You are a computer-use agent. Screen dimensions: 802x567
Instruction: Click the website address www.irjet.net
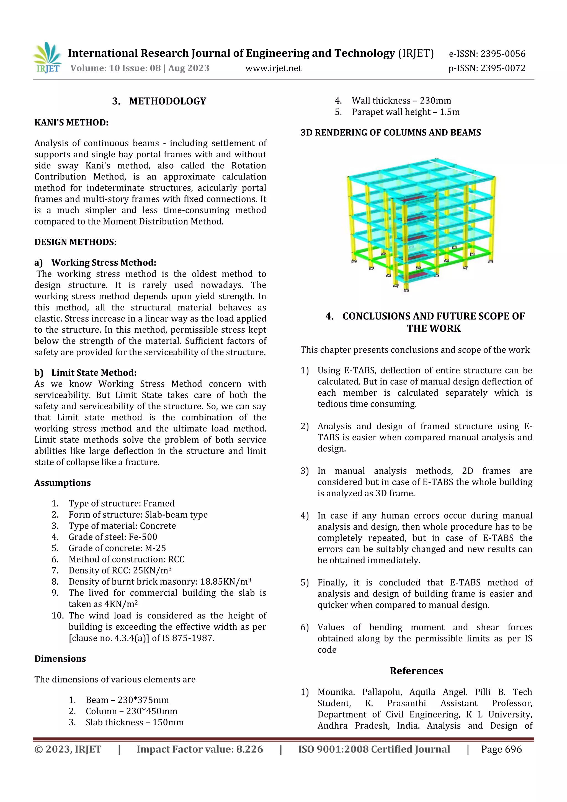pos(273,68)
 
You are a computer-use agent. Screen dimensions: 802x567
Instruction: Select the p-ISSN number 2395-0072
pos(503,68)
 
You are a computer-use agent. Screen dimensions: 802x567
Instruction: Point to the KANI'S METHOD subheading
pos(71,123)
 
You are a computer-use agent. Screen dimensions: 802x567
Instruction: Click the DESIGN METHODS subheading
pos(75,242)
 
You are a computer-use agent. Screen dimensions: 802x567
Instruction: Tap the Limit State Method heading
pos(94,373)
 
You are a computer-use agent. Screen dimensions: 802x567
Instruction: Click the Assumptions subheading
pos(63,483)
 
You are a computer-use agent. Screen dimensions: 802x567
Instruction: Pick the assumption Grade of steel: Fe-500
pos(113,537)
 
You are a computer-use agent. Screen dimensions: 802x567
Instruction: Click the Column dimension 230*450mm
pos(131,711)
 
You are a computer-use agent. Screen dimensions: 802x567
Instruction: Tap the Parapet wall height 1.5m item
pos(405,112)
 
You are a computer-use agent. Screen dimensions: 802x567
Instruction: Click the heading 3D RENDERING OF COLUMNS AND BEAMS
pos(390,133)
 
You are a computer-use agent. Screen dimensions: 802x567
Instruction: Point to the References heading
pos(416,671)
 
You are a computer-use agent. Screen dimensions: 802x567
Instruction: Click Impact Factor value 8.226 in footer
pos(200,749)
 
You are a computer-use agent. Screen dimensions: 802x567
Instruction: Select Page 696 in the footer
pos(501,749)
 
